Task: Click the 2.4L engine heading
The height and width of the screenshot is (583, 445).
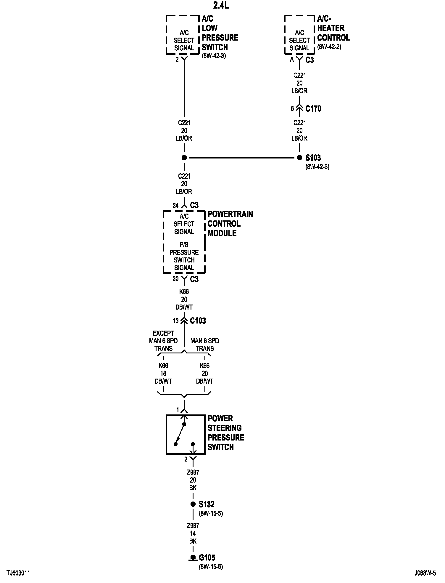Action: tap(221, 5)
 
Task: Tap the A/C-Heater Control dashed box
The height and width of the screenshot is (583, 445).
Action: tap(299, 35)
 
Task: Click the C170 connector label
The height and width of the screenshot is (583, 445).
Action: tap(313, 109)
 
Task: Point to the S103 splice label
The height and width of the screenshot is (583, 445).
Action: tap(313, 158)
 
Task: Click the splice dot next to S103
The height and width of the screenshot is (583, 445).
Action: tap(299, 158)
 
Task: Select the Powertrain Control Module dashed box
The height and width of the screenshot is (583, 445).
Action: tap(184, 242)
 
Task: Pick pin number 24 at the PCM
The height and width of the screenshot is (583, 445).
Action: tap(175, 205)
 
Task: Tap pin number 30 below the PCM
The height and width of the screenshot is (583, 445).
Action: tap(175, 279)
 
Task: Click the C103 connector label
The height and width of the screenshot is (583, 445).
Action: tap(198, 321)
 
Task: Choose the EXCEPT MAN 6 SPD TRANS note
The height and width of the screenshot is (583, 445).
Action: tap(163, 341)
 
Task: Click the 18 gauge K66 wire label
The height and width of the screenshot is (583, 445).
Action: tap(163, 373)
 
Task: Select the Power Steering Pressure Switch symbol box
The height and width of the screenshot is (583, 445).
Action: tap(185, 434)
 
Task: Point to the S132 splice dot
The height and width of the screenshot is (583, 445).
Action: tap(193, 504)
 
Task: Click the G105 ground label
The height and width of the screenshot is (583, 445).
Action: tap(207, 558)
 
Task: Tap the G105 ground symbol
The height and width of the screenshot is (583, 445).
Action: tap(193, 558)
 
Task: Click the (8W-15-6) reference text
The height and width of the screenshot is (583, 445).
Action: tap(211, 567)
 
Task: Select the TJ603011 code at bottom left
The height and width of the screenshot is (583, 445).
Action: tap(18, 573)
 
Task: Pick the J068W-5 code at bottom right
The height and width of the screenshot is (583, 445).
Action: tap(425, 573)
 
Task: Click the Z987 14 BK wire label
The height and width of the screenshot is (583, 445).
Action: tap(193, 533)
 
